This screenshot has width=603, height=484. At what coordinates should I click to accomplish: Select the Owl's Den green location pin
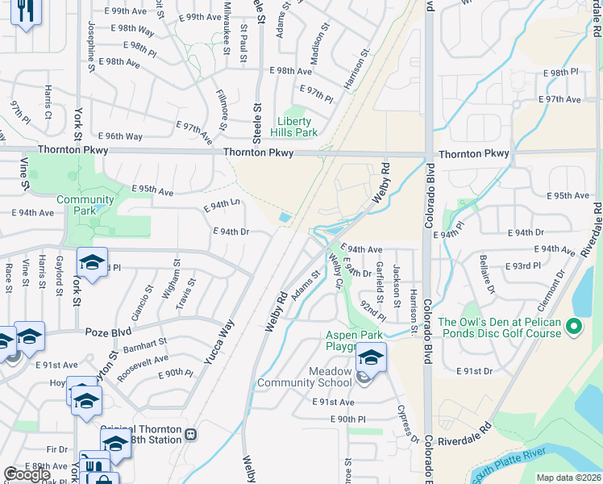pyautogui.click(x=574, y=327)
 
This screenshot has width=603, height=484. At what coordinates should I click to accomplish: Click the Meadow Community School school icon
pyautogui.click(x=371, y=357)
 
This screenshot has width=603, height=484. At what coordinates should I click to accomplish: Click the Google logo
pyautogui.click(x=27, y=474)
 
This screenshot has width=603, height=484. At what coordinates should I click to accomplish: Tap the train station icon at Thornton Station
pyautogui.click(x=191, y=434)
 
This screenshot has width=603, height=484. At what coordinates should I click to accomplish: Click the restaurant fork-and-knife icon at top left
pyautogui.click(x=27, y=10)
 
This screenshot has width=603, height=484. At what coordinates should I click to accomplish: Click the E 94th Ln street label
pyautogui.click(x=222, y=206)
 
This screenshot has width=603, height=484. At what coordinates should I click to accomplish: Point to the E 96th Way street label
pyautogui.click(x=121, y=136)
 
